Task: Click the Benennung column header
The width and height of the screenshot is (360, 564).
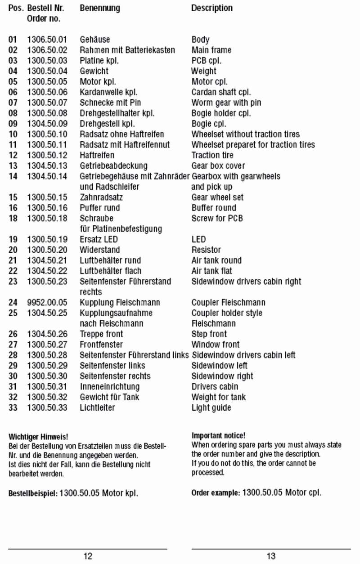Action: tap(100, 8)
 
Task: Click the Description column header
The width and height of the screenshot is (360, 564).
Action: tap(212, 8)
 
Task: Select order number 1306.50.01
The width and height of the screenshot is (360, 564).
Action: tap(47, 40)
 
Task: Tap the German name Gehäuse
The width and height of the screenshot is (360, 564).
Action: tap(95, 40)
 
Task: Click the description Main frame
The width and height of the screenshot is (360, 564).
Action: tap(211, 50)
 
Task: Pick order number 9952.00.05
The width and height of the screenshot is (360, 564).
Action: tap(47, 302)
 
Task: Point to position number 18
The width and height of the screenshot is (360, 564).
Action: tap(13, 218)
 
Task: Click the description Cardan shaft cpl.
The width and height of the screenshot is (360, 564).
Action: tap(221, 92)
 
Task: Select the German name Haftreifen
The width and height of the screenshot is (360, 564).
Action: tap(97, 155)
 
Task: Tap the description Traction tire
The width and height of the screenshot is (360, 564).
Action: tap(212, 155)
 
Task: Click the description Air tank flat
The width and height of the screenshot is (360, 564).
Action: tap(212, 271)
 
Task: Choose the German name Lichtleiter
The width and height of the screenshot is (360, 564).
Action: tap(97, 407)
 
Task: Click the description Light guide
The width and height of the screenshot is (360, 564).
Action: tap(211, 407)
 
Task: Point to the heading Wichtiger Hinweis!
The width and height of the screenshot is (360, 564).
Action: tap(38, 436)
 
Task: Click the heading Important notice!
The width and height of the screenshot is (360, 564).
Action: tap(219, 435)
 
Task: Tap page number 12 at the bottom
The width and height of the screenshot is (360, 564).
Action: tap(88, 556)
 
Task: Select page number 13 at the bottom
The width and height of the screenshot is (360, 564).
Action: tap(271, 556)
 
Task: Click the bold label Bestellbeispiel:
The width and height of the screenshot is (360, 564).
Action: tap(33, 493)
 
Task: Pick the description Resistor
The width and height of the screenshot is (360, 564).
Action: tap(206, 250)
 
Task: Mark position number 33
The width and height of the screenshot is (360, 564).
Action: tap(13, 407)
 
